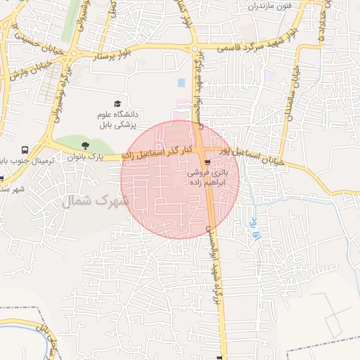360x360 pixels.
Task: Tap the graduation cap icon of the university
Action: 117,103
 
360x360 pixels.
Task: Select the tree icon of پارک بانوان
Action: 85,146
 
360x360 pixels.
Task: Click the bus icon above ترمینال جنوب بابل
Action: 25,150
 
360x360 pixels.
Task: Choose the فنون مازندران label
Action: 267,6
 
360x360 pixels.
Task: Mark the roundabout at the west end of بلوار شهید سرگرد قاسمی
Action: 195,49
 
